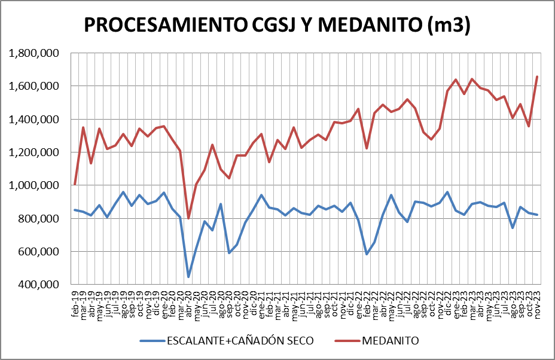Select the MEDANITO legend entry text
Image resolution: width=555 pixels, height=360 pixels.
coord(390,341)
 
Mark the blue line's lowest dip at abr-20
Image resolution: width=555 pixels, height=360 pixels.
coord(188,277)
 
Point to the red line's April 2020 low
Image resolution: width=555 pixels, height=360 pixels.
coord(188,218)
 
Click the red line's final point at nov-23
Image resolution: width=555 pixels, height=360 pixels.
coord(537,77)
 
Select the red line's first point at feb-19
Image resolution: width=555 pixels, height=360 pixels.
coord(75,184)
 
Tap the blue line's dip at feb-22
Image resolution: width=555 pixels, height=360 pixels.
coord(367,254)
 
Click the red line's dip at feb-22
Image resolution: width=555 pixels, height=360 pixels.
coord(367,148)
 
